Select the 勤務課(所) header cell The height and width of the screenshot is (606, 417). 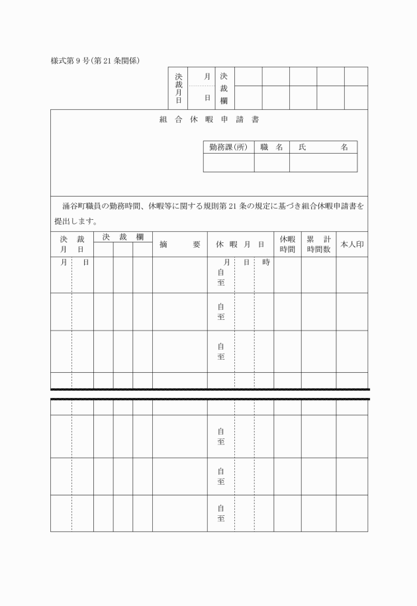228,147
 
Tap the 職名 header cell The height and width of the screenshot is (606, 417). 271,147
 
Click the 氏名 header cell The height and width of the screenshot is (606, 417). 323,147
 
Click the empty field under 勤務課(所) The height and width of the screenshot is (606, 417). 228,163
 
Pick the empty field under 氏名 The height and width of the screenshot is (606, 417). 323,163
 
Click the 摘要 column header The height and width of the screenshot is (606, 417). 179,244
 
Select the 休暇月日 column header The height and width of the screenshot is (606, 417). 240,244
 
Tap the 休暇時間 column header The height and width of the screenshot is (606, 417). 287,244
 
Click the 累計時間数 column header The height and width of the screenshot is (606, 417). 318,244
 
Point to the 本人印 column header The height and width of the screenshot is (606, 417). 351,244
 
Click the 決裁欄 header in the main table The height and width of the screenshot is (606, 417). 122,236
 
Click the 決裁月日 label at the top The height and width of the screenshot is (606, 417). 178,88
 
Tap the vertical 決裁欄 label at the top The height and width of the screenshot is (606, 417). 224,88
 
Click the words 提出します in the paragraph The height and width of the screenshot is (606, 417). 76,221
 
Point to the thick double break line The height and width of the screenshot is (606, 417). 209,394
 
